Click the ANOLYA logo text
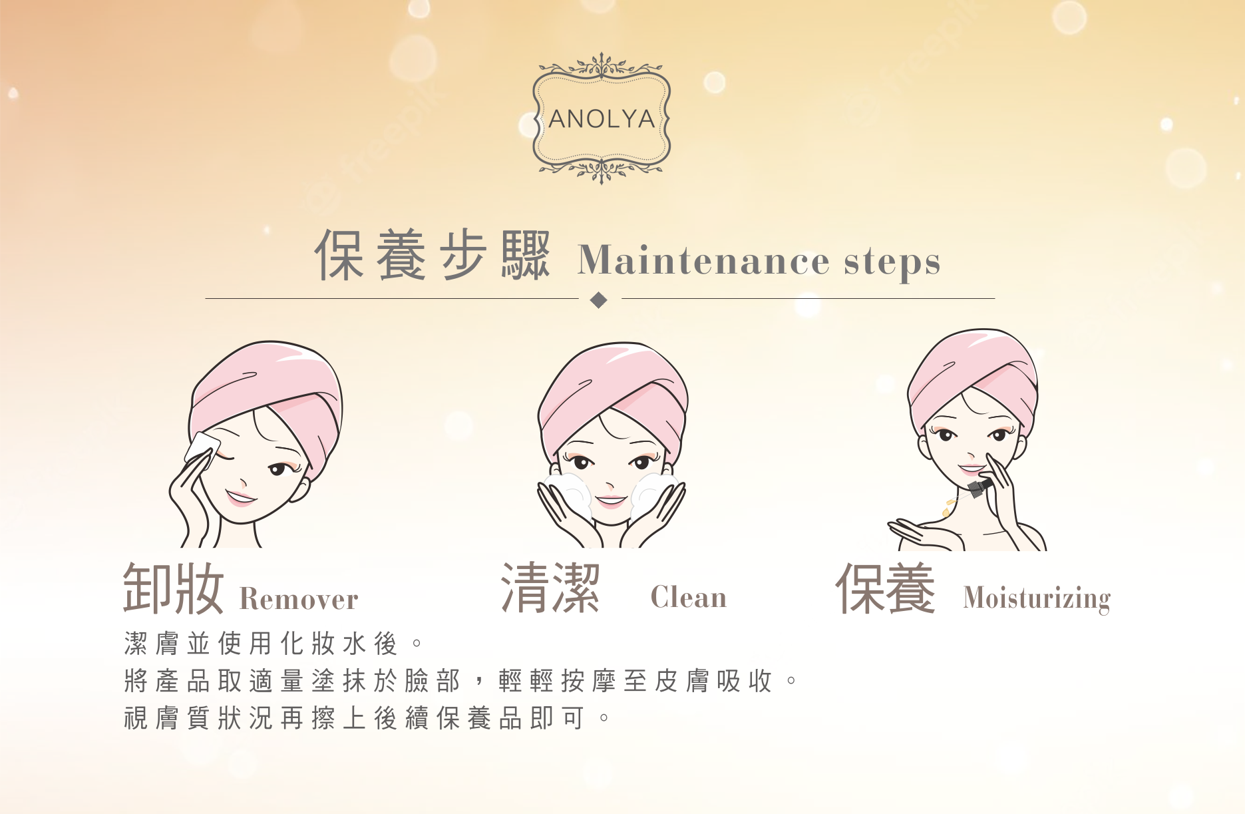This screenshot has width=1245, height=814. pos(602,119)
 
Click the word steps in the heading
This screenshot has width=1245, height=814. pos(892,262)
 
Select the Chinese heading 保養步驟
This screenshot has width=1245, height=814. pos(433,255)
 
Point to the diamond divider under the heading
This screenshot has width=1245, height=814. pos(599,300)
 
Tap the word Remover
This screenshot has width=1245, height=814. pos(299,599)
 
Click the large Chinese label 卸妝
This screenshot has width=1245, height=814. pos(173,588)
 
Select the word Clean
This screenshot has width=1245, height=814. pos(689,596)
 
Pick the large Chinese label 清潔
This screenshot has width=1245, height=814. pos(550,588)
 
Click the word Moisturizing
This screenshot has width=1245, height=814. pos(1037,598)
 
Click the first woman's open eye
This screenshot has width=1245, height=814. pos(278,470)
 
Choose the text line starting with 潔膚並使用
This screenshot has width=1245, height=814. pos(273,644)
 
